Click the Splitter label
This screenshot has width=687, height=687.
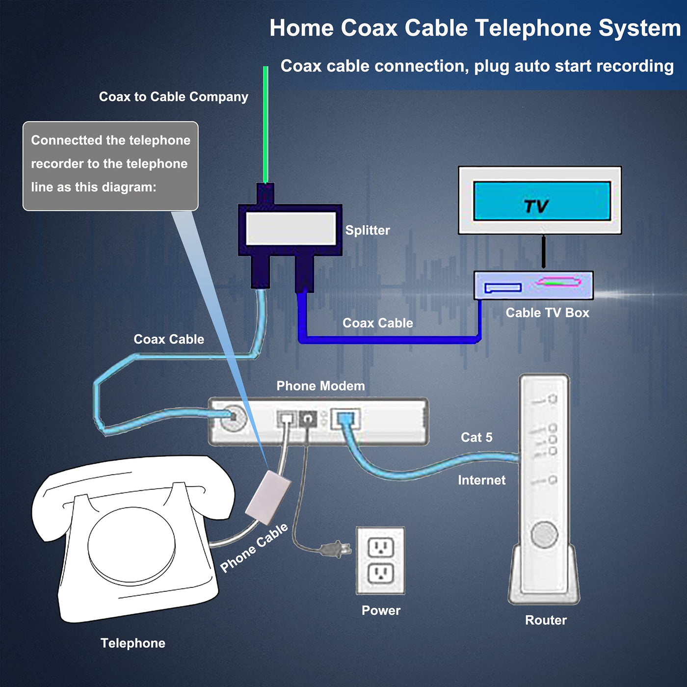point(368,230)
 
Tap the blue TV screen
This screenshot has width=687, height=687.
point(542,201)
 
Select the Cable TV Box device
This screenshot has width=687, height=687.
point(533,285)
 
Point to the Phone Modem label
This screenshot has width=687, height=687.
point(320,386)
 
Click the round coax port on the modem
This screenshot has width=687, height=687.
point(233,418)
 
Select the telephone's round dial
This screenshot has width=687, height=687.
point(132,545)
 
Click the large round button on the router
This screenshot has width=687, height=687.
point(544,534)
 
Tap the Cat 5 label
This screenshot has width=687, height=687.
point(476,437)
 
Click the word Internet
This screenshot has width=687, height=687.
point(481,480)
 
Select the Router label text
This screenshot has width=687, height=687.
point(546,620)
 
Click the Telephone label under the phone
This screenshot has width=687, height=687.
point(132,643)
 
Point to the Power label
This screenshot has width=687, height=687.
point(381,610)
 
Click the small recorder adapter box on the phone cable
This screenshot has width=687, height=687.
point(268,497)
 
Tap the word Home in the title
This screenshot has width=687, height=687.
point(301,28)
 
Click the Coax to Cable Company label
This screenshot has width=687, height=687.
point(173,97)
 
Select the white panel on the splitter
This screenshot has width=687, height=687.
point(291,229)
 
